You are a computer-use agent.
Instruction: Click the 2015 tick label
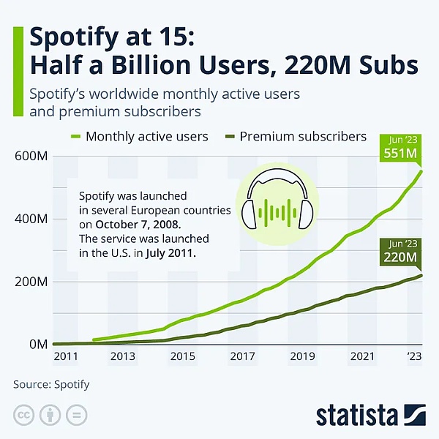pyautogui.click(x=183, y=357)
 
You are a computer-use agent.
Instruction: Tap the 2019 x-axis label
pyautogui.click(x=302, y=357)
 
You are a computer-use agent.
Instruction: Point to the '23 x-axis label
pyautogui.click(x=413, y=357)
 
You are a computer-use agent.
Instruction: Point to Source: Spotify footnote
pyautogui.click(x=51, y=383)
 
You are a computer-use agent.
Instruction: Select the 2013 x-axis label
pyautogui.click(x=123, y=357)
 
